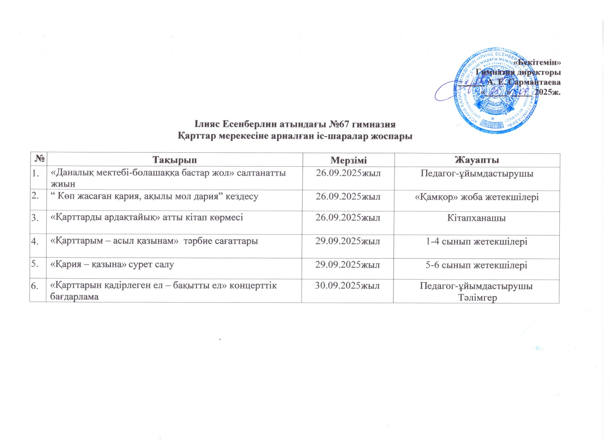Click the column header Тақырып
click(175, 160)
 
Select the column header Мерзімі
click(348, 160)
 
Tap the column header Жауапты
click(477, 160)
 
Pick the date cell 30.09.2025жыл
click(347, 286)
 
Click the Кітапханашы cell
click(477, 218)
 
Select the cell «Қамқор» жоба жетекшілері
click(477, 197)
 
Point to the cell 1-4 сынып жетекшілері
click(477, 241)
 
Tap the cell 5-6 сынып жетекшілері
click(477, 265)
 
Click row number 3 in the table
click(35, 218)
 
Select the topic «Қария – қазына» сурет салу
click(112, 265)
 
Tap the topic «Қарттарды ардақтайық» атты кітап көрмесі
click(147, 218)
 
